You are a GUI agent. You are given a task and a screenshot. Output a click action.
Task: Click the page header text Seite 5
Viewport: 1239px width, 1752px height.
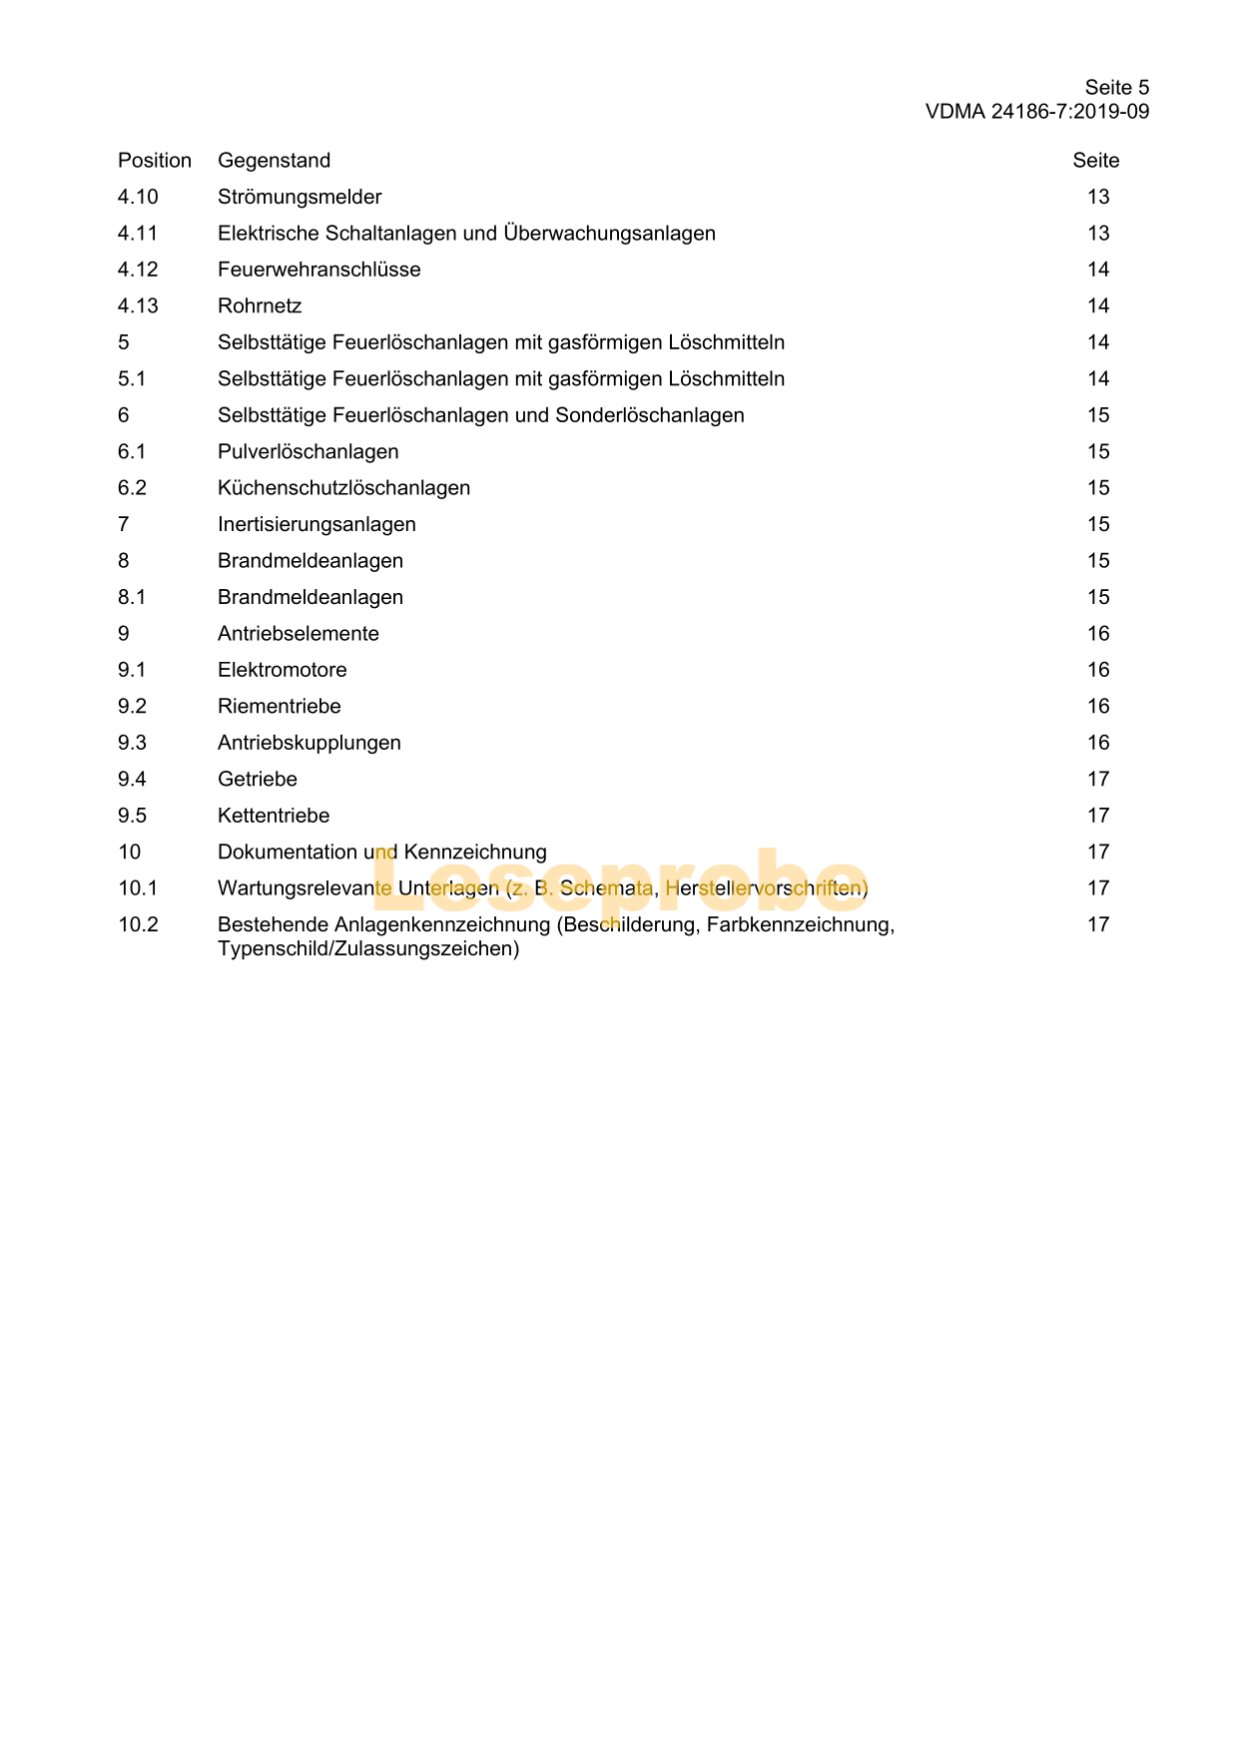tap(1116, 88)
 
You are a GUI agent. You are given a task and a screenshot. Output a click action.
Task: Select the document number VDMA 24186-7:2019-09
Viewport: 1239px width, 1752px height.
tap(1036, 112)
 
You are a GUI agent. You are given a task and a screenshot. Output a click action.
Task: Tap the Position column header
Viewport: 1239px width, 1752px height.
tap(154, 161)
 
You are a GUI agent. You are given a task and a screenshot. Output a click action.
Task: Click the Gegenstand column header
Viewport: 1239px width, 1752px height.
tap(274, 161)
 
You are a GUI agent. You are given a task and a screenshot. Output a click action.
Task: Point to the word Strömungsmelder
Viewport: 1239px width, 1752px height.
tap(300, 198)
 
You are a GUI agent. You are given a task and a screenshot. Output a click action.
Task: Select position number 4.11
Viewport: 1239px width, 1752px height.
tap(138, 234)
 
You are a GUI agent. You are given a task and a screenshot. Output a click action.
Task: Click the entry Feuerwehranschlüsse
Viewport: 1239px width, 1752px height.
tap(318, 270)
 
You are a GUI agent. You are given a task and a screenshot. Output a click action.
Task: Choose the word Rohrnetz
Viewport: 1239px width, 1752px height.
tap(260, 306)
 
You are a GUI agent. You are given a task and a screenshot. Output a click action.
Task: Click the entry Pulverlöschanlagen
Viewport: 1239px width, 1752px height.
tap(308, 452)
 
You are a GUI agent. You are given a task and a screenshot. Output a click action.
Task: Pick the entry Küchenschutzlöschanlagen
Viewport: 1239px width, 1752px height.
tap(343, 488)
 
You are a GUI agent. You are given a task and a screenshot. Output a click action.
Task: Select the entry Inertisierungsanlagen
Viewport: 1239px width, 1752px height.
tap(316, 525)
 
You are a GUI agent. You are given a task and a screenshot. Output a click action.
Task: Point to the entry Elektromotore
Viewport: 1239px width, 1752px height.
tap(282, 670)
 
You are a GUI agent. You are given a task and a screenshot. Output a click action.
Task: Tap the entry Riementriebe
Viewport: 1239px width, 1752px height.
tap(279, 707)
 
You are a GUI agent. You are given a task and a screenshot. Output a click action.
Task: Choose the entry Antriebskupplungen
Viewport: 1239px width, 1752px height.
tap(309, 743)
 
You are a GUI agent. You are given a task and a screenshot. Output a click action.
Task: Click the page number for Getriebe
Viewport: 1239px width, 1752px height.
tap(1098, 780)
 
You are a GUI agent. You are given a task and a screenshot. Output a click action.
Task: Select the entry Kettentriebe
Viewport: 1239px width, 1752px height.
tap(274, 816)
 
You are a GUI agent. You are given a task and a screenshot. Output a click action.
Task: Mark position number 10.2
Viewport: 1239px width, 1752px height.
tap(138, 925)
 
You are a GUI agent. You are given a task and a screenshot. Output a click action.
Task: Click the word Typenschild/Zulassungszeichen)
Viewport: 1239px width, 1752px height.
tap(367, 949)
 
